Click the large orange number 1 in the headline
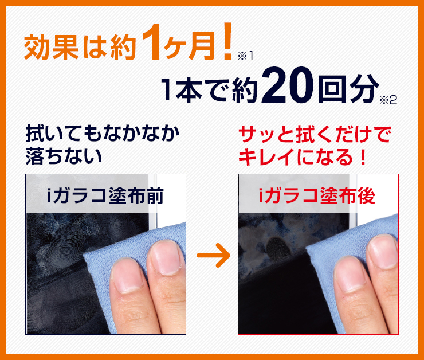[151, 42]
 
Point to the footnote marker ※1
[245, 56]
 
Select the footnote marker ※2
[388, 100]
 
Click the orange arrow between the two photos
[213, 255]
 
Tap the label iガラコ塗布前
[105, 195]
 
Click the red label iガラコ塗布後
[317, 195]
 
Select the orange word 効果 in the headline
[52, 47]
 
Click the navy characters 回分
[348, 88]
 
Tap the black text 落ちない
[64, 156]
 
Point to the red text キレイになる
[296, 156]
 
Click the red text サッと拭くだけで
[315, 134]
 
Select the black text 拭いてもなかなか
[103, 134]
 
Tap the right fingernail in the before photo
[165, 257]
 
